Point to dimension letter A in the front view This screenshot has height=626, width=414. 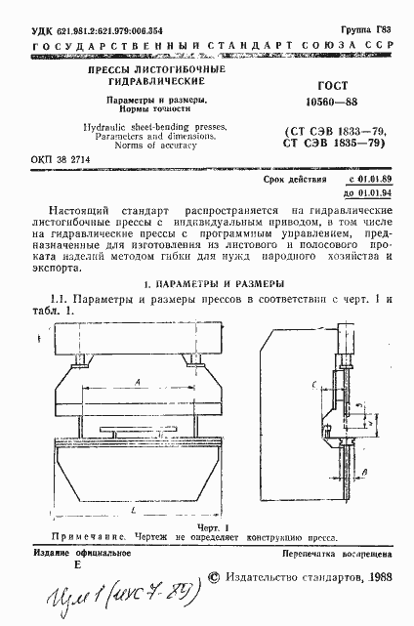(x=140, y=379)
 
